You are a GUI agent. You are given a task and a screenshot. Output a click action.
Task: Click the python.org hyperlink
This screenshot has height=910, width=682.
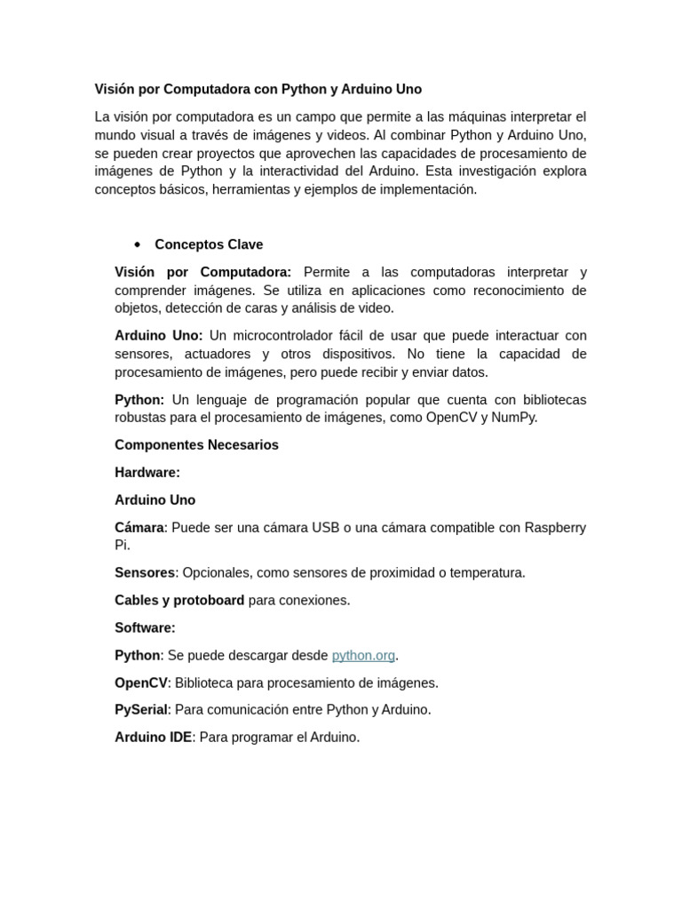coord(363,656)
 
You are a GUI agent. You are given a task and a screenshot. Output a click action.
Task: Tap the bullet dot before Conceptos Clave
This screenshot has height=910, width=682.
coord(138,244)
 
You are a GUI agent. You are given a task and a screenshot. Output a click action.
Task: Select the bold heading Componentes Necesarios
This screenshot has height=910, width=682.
coord(196,445)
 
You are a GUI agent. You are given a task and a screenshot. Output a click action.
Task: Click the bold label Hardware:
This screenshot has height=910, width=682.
coord(147,473)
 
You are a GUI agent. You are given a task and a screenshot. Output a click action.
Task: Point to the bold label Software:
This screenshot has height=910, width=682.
coord(145,628)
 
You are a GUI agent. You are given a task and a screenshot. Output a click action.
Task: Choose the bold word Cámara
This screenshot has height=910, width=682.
coord(139,528)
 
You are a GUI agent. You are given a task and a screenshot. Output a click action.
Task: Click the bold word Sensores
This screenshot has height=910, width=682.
coord(145,573)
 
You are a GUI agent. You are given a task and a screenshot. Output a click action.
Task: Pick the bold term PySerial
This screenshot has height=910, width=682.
coord(140,710)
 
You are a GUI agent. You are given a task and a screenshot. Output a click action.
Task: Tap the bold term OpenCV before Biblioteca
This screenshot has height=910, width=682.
coord(140,683)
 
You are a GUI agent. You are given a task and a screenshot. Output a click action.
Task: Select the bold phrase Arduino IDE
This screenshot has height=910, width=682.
coord(153,738)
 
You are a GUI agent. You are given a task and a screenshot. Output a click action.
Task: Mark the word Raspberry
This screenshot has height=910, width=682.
coord(555,528)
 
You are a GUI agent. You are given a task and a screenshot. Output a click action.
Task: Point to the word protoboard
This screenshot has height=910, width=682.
coord(209,601)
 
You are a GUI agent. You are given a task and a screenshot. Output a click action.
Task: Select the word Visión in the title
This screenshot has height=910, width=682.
coord(115,90)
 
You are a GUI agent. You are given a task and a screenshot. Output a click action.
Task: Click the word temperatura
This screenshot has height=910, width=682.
coord(487,573)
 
